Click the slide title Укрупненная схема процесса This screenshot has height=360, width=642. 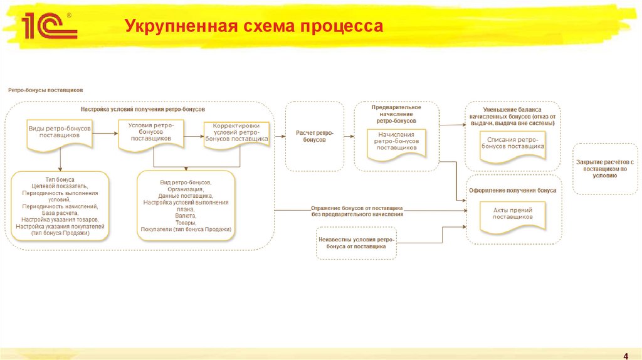click(253, 26)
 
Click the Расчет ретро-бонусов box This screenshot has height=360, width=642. click(315, 136)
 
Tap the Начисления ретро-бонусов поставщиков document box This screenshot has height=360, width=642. click(396, 142)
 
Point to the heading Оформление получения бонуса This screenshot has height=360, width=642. click(513, 190)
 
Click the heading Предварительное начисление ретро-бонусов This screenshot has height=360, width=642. click(396, 114)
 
